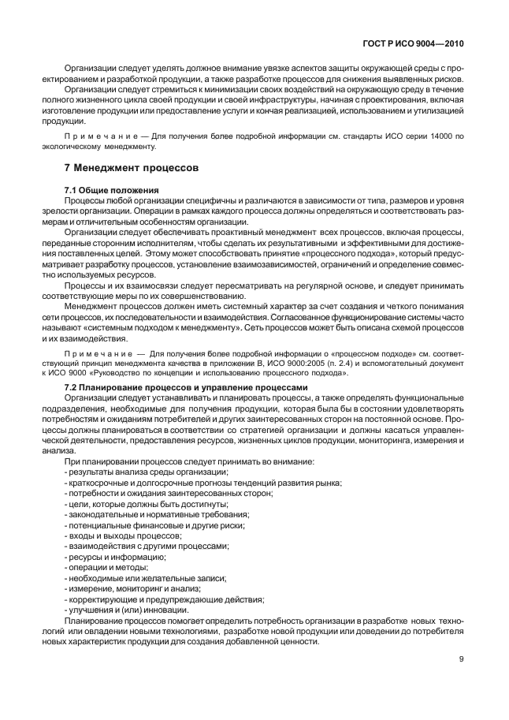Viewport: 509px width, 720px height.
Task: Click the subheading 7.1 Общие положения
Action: pyautogui.click(x=111, y=190)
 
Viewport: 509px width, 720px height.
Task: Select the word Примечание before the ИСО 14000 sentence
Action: pyautogui.click(x=95, y=136)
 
